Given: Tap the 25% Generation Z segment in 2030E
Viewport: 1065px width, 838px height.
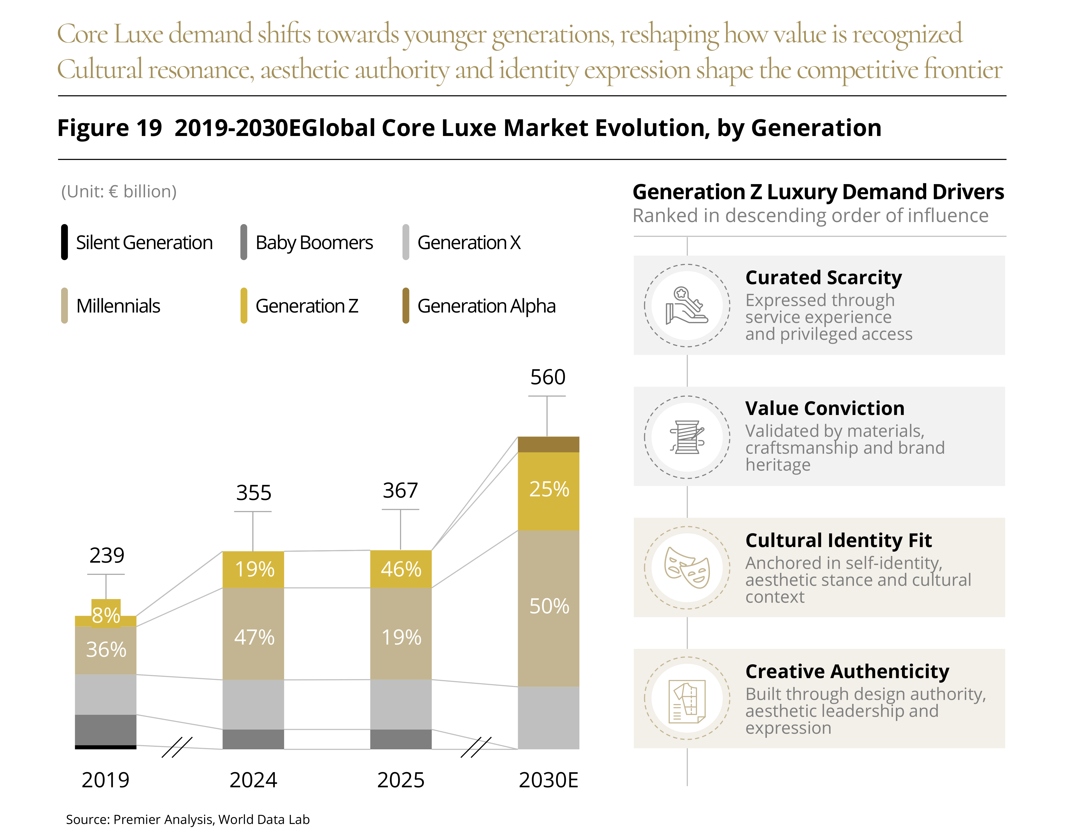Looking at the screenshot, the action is (x=548, y=491).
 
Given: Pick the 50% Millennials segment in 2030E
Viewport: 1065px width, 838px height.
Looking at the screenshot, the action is (x=548, y=608).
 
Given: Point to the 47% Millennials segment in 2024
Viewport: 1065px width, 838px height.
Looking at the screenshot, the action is (x=253, y=633).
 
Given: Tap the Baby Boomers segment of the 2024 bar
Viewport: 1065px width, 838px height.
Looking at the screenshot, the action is (x=253, y=739).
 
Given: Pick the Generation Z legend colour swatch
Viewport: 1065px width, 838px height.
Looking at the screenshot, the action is (x=244, y=306).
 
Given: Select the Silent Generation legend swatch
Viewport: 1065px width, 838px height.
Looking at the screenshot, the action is (x=64, y=242).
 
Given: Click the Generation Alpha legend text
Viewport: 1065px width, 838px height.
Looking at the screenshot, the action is (x=486, y=306).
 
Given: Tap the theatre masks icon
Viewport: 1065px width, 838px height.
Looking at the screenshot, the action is (x=687, y=568).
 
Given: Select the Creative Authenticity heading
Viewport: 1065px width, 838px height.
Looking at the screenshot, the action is (x=847, y=671).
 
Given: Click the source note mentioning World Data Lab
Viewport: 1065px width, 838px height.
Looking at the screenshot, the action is (x=188, y=819).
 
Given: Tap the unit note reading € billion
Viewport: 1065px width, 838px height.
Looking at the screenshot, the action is (x=119, y=191).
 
